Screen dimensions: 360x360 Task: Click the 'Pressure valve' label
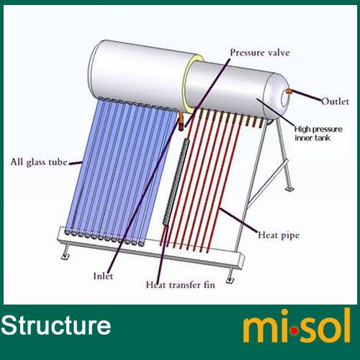click(260, 53)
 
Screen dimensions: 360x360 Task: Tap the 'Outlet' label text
click(335, 102)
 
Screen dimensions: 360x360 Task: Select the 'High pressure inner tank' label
click(318, 133)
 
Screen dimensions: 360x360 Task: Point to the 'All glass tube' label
click(39, 162)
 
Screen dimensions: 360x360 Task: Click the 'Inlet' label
click(103, 276)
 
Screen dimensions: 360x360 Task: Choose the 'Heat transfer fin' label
click(181, 285)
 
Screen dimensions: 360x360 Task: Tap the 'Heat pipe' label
click(279, 235)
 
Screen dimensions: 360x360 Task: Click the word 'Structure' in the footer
click(55, 325)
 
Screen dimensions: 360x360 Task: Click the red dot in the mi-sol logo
click(294, 331)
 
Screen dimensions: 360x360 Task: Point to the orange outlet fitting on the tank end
click(288, 91)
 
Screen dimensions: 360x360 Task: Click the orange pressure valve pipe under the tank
click(181, 121)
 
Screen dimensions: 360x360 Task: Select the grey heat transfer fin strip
click(176, 181)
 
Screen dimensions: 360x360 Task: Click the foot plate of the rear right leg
click(289, 189)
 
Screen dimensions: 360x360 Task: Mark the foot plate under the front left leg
click(65, 257)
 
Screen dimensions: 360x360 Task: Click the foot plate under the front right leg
click(230, 280)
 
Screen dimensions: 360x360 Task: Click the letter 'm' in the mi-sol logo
click(260, 329)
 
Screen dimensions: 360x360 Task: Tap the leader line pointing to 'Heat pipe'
click(238, 220)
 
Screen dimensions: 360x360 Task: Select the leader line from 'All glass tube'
click(76, 163)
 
